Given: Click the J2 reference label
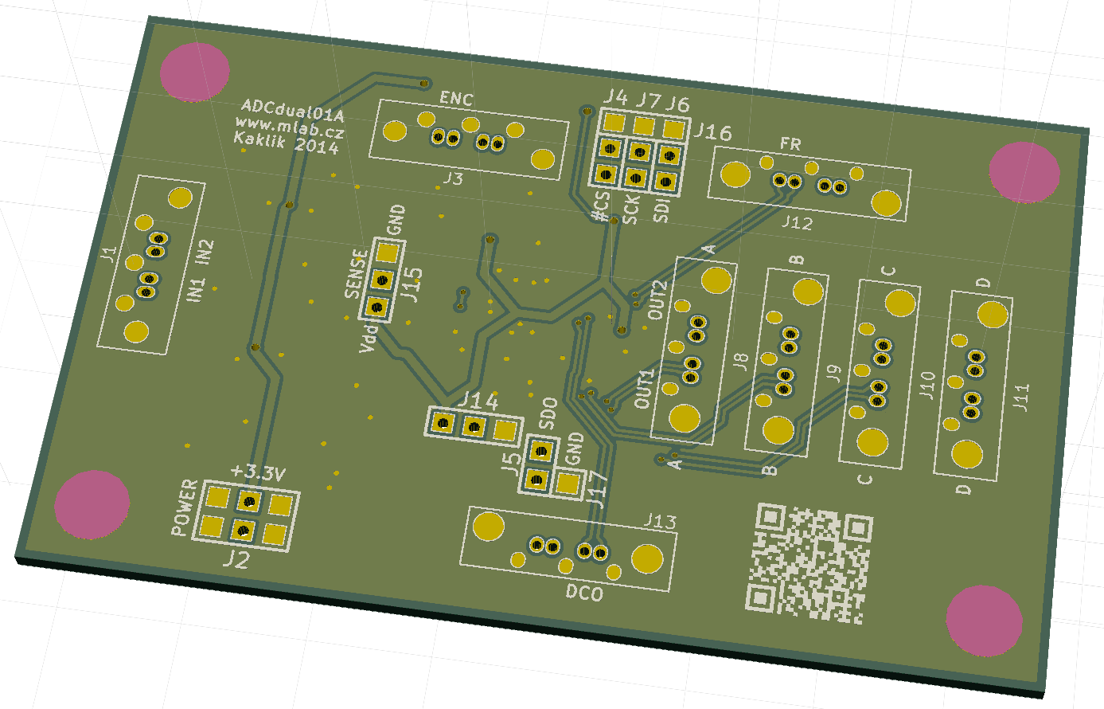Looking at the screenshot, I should tap(236, 559).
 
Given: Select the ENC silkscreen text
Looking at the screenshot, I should tap(456, 99).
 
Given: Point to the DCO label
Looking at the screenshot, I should tap(584, 593).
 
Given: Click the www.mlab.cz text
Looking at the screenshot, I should tap(289, 127).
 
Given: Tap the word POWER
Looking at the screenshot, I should tap(185, 507).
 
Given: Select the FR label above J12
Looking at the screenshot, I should tap(790, 144).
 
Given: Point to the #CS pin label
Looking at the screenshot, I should tap(602, 206).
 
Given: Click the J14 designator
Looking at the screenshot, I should tap(478, 401).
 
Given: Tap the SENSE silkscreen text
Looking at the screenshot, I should tap(357, 274).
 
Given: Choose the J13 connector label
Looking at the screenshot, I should tap(660, 522).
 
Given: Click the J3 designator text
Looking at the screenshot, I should tap(453, 178).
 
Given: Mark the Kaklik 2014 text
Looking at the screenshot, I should tap(286, 143).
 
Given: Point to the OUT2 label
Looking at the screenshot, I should tap(657, 300).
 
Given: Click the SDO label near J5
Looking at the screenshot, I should tap(548, 413).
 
